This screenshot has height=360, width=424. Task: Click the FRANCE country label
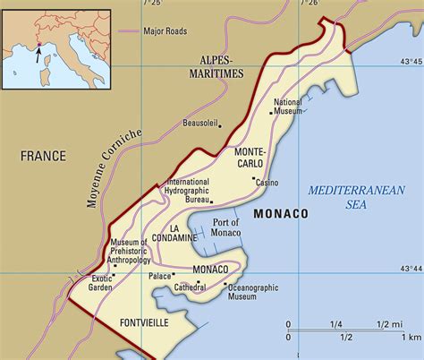[x=44, y=156]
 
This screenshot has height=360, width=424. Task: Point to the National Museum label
[x=288, y=107]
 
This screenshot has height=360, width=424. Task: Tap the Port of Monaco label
[x=226, y=227]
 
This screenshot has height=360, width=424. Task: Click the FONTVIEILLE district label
[x=143, y=320]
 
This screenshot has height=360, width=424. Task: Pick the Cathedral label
[x=190, y=288]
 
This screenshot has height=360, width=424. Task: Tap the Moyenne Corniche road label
[x=115, y=169]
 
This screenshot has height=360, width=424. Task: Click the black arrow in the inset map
[x=37, y=54]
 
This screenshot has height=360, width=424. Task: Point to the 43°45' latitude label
[x=411, y=61]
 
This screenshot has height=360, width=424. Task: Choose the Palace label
[x=160, y=277]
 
